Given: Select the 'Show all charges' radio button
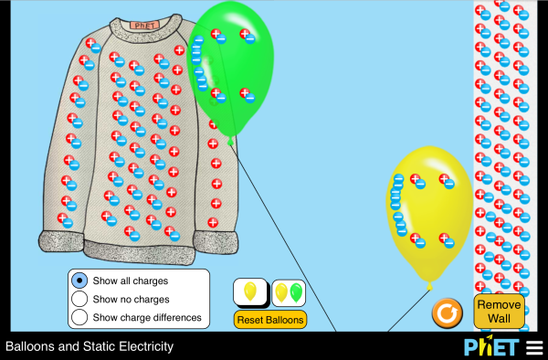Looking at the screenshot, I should point(79,281).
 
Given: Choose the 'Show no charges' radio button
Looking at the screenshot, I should point(79,299).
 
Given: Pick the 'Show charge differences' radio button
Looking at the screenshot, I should point(79,317).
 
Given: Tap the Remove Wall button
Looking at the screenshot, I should point(499,312).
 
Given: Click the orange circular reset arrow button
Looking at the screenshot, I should point(447,313).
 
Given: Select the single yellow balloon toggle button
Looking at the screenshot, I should point(250,292).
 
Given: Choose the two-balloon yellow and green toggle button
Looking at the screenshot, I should point(289,292).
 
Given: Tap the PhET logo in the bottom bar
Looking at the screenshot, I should point(491,347).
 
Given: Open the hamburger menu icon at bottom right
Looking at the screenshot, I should point(533,347).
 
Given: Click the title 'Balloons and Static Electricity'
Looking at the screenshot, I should point(90,347).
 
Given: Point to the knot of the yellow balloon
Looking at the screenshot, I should point(429,286).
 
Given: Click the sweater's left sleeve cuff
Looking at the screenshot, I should point(60,242).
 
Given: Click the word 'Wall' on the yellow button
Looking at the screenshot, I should point(499,319).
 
